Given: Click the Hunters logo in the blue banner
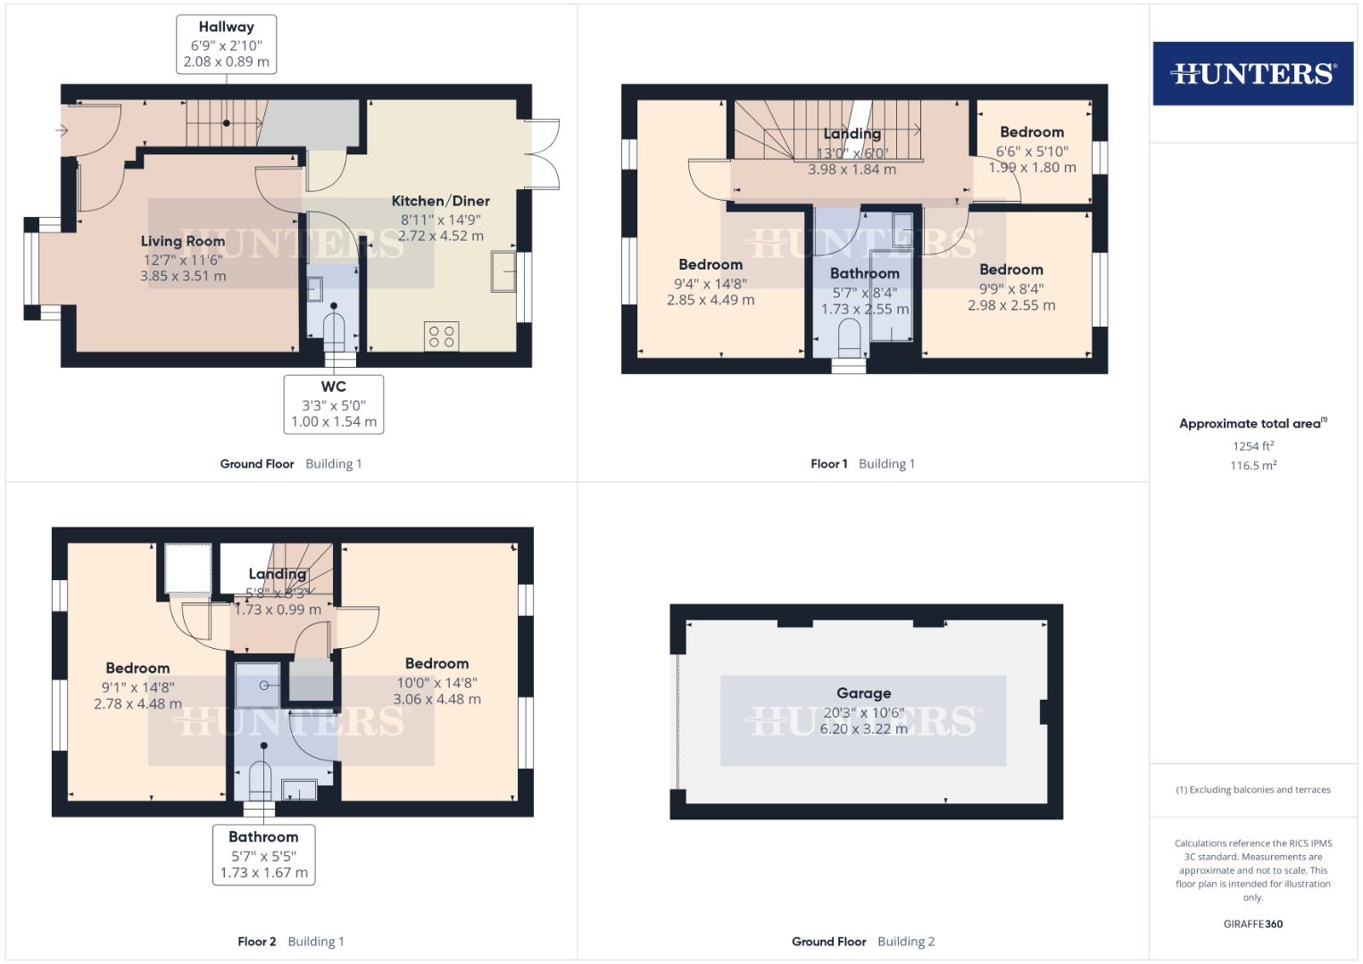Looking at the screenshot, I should (x=1252, y=73).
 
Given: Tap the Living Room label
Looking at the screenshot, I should (x=182, y=241).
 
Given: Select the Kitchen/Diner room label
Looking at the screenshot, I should (x=441, y=201).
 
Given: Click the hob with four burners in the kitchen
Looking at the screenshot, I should (x=441, y=337).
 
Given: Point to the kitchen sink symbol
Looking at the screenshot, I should (x=503, y=271).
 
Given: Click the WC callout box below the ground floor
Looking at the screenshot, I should (x=334, y=404).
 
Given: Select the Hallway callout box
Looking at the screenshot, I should (x=226, y=45).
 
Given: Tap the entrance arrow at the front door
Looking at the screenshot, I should (x=62, y=131).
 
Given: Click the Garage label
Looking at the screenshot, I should (x=863, y=693).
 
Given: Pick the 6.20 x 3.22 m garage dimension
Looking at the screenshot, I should (x=863, y=728).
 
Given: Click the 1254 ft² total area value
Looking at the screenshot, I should (x=1252, y=446).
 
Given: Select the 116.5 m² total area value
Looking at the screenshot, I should (x=1252, y=465).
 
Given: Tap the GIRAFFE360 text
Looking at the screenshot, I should (x=1252, y=924).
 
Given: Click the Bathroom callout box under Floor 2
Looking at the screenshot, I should (x=263, y=855).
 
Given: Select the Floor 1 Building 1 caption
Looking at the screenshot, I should (x=862, y=463).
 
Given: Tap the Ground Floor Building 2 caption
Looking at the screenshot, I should (x=862, y=941).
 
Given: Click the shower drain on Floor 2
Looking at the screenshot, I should (x=265, y=686).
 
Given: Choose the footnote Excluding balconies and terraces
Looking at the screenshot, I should (x=1252, y=790).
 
